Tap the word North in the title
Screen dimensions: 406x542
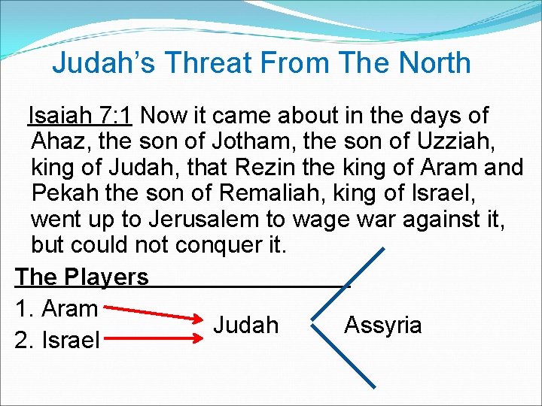431,62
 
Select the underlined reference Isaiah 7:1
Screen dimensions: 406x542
80,116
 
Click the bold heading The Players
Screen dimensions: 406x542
82,277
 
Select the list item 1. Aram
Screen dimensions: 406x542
56,308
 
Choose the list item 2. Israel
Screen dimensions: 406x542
58,341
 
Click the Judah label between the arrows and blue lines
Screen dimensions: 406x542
245,325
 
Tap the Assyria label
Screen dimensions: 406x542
382,325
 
